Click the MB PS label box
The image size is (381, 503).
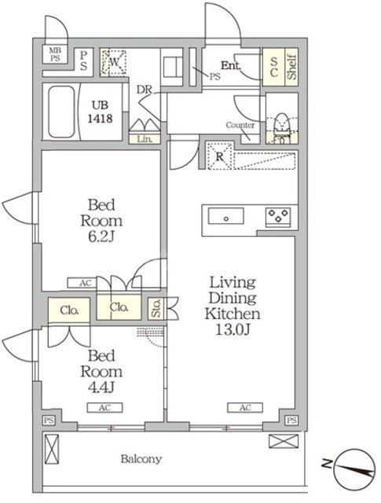point(55,54)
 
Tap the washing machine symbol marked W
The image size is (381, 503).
point(113,62)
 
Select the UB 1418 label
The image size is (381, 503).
point(100,112)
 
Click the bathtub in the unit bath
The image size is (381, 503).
point(61,112)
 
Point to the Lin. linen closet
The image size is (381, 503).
point(145,139)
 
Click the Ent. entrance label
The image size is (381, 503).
point(231,66)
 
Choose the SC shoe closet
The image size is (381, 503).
point(273,67)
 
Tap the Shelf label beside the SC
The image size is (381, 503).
point(291,67)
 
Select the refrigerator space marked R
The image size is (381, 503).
point(220,156)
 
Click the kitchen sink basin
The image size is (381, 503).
point(225,216)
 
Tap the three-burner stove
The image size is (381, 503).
point(278,217)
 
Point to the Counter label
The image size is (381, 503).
point(240,125)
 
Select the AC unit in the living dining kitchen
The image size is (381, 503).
point(245,407)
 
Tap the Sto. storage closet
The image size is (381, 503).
point(156,309)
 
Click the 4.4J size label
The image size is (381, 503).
point(101,387)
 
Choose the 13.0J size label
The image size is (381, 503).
point(233,330)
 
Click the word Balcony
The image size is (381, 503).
point(141,459)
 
